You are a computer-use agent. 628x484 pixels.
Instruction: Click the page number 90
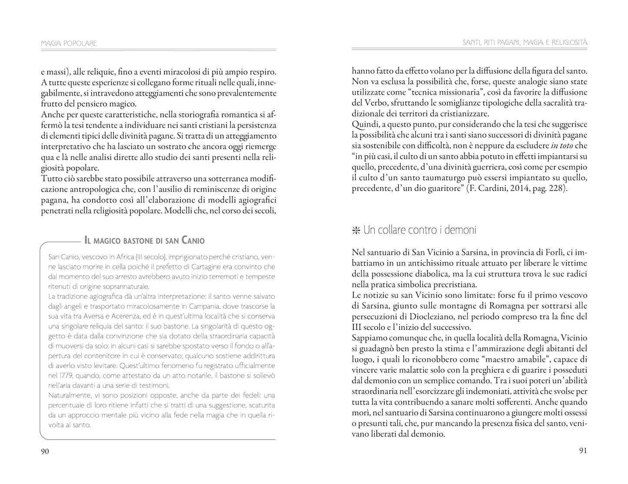[x=45, y=451]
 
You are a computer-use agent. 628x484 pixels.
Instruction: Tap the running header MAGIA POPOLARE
[x=68, y=43]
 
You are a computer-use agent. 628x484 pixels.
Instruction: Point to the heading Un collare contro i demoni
[x=419, y=230]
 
